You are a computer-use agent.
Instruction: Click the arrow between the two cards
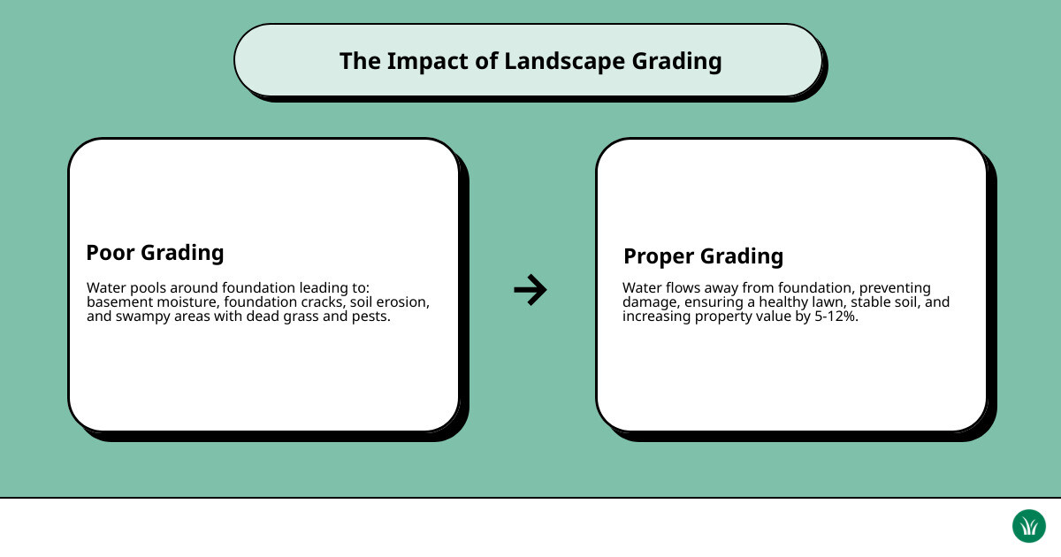pos(530,289)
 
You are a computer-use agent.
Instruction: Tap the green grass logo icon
pos(1028,526)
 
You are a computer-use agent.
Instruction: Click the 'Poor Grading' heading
pos(155,253)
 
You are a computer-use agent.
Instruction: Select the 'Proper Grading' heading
pos(703,256)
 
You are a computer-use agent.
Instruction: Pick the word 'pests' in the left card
pos(370,317)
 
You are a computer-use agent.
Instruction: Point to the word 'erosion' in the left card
pos(402,302)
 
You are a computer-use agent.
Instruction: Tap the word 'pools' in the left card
pos(149,288)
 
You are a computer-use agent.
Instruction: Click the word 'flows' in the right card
pos(684,287)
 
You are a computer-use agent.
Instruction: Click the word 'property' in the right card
pos(725,316)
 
